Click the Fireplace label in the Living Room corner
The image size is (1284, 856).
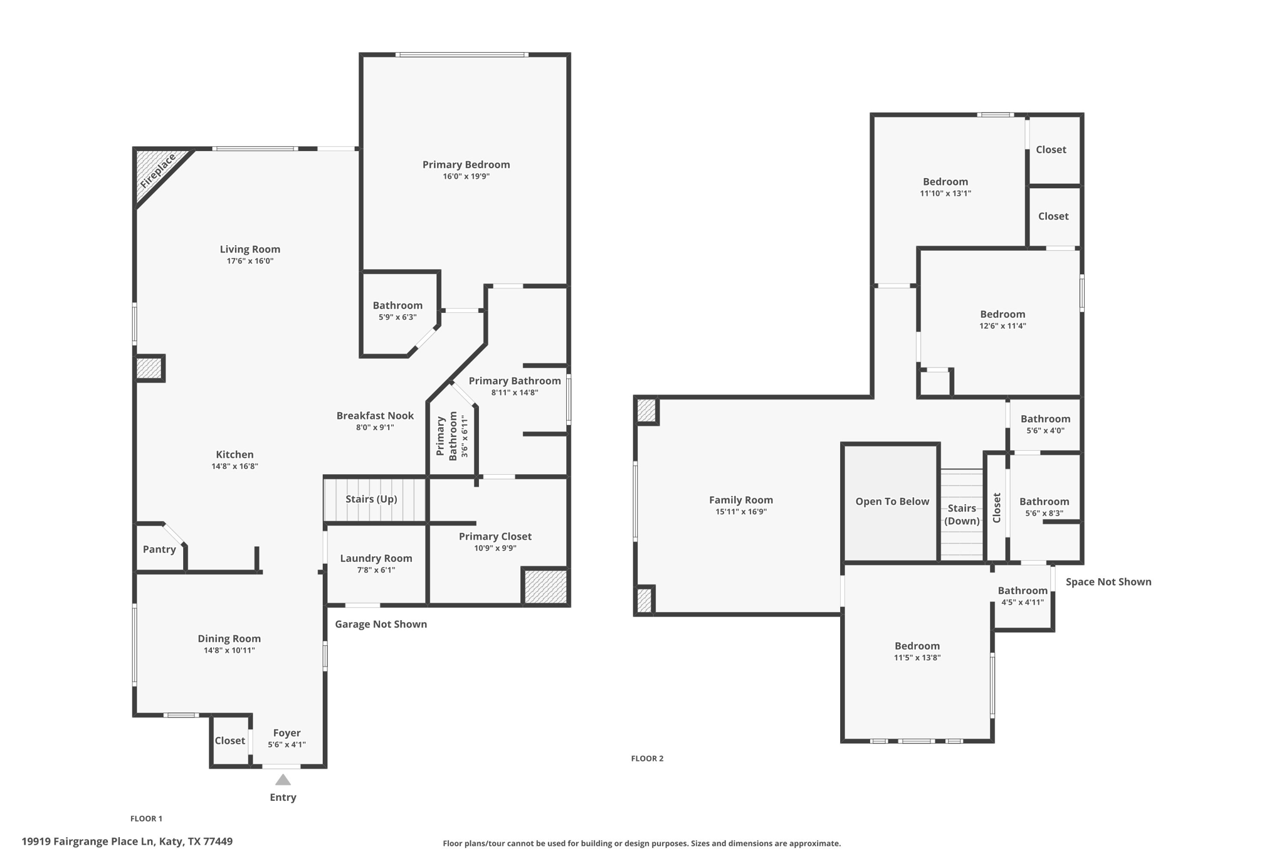157,171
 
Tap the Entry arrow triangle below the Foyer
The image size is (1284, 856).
283,780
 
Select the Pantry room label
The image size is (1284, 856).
159,549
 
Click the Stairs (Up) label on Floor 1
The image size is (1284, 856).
371,499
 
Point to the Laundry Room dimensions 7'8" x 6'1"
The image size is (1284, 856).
376,570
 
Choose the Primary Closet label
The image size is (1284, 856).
495,536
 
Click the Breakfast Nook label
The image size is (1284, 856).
375,416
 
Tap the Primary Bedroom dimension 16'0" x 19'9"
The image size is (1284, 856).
466,176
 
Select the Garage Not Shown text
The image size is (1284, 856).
381,624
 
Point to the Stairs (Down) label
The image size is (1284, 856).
962,514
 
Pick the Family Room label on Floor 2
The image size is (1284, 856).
740,500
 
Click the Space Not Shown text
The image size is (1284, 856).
1108,582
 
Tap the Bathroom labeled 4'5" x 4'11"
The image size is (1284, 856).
1023,591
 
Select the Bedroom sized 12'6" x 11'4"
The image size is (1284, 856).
1002,314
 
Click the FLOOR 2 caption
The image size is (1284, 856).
647,758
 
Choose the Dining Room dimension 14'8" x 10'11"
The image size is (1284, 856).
229,650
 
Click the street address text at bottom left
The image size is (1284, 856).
127,842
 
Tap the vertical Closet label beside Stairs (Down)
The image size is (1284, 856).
997,507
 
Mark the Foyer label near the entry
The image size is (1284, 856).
287,733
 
